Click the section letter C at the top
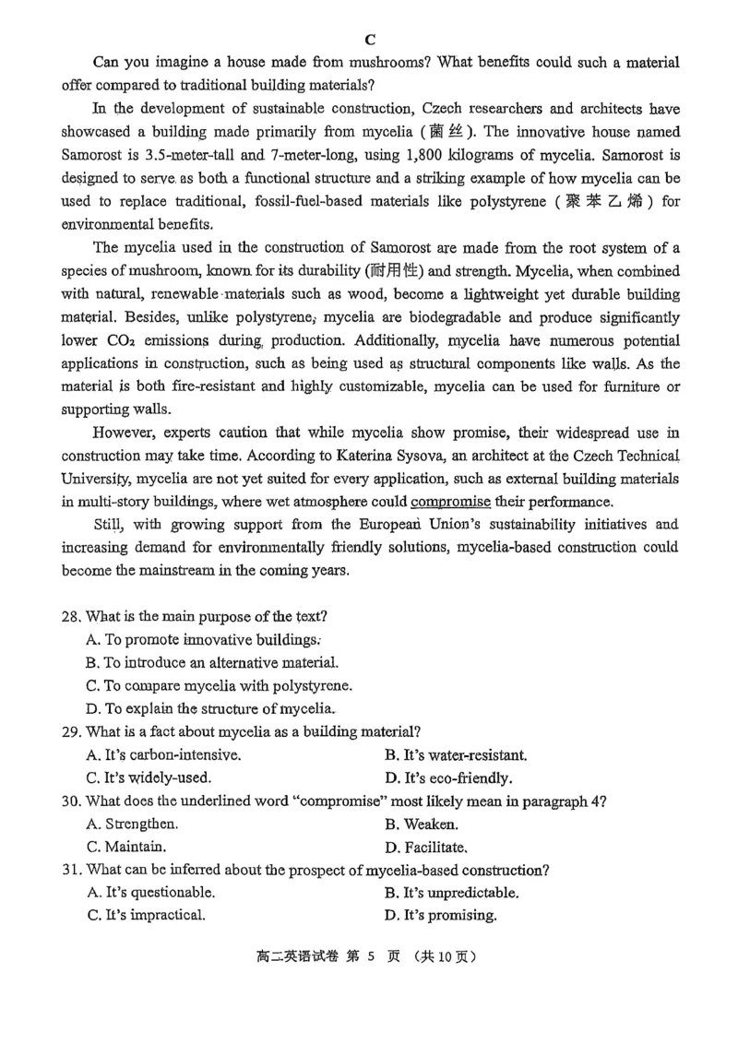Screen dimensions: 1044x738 tap(370, 39)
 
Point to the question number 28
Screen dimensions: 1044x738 tap(71, 617)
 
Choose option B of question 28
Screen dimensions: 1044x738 tap(212, 663)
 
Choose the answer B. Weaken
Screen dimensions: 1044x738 tap(422, 824)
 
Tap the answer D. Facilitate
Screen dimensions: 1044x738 tap(426, 847)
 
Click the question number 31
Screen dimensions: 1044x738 tap(71, 870)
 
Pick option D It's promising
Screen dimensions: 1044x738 tap(441, 915)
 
